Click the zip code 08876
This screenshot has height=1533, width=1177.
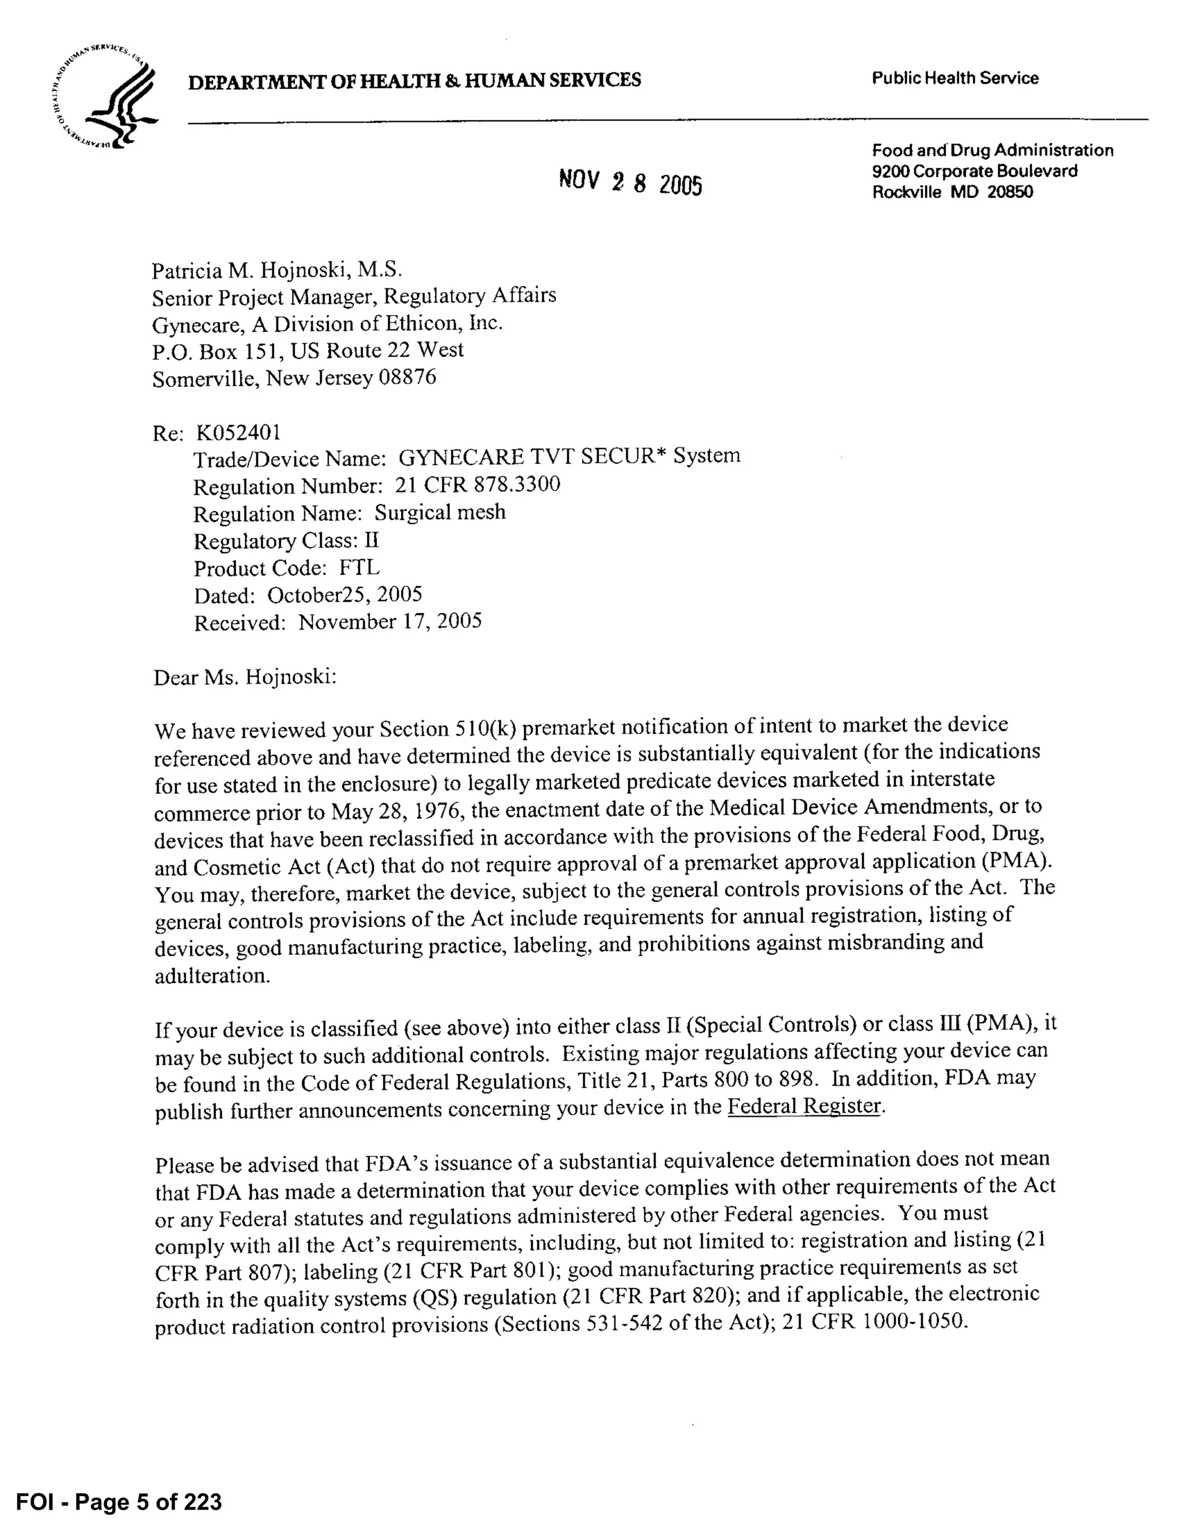click(x=407, y=378)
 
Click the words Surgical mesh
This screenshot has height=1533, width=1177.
click(x=440, y=512)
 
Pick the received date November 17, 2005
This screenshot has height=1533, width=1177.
click(x=390, y=622)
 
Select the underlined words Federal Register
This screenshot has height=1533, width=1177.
click(x=803, y=1106)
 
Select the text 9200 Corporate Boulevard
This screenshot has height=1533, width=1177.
click(x=974, y=171)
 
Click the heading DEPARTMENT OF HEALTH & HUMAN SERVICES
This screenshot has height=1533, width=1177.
click(x=414, y=81)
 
